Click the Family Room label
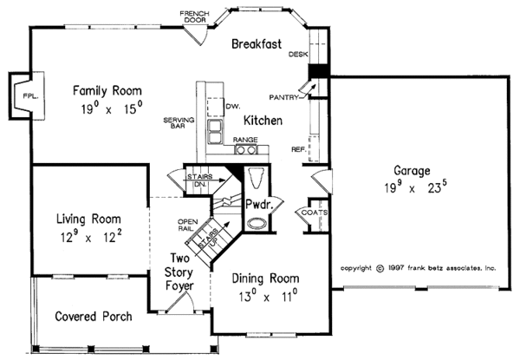tap(107, 90)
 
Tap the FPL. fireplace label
tap(31, 96)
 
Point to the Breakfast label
tap(257, 43)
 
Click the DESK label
tap(298, 54)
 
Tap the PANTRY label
tap(283, 97)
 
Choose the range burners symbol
tap(246, 150)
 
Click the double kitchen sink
tap(214, 132)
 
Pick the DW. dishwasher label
tap(233, 106)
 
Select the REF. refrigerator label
tap(298, 149)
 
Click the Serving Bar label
tap(179, 123)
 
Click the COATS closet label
tap(315, 213)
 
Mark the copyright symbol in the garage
tap(380, 268)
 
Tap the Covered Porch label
tap(94, 317)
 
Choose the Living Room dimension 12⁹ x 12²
tap(91, 237)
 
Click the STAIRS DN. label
tap(200, 180)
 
